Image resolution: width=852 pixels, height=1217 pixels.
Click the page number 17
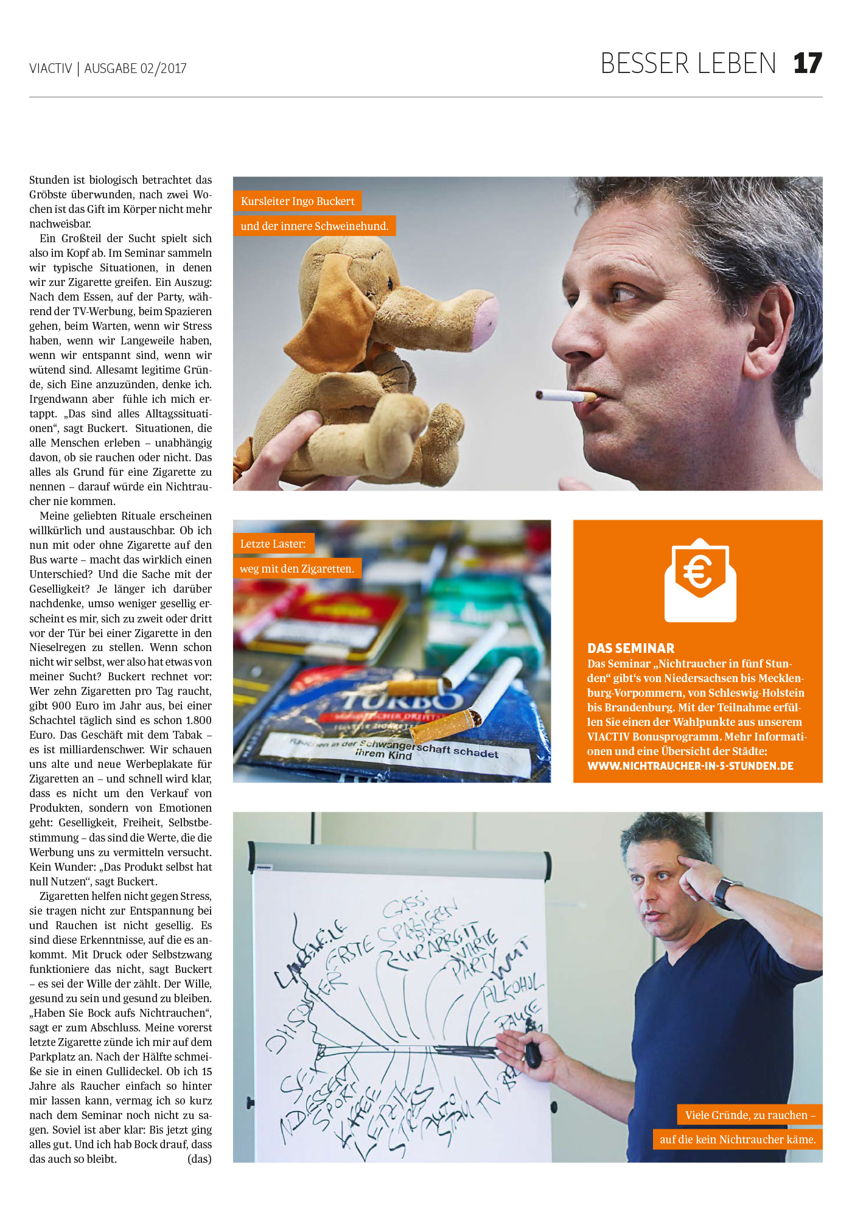(x=808, y=64)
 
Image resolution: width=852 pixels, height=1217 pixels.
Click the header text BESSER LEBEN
(x=688, y=64)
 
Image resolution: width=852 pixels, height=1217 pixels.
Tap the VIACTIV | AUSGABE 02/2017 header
(x=108, y=68)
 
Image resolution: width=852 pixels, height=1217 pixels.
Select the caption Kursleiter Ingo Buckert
(x=297, y=201)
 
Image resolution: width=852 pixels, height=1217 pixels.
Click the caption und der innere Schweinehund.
(x=314, y=226)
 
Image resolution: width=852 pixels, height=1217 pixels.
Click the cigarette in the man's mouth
(x=566, y=396)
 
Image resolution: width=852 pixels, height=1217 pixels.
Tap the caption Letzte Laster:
(x=273, y=543)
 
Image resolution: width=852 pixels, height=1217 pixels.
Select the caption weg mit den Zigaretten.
(x=296, y=568)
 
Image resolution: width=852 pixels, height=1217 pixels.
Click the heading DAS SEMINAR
(x=630, y=648)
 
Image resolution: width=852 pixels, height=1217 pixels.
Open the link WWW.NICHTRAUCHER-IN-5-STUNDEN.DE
(x=690, y=765)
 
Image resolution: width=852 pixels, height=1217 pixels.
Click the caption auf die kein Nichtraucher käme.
(x=738, y=1139)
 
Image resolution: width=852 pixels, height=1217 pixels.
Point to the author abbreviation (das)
(x=199, y=1159)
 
